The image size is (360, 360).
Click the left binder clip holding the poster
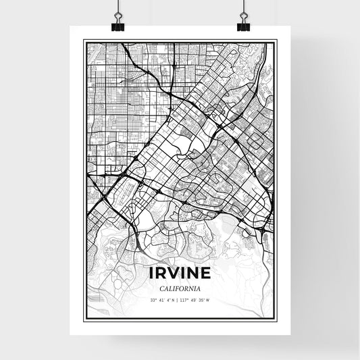point(119,24)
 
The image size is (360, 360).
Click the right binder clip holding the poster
point(242,24)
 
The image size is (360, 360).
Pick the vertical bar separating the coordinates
point(179,300)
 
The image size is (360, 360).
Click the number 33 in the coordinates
point(153,300)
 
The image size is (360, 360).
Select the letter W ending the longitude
point(208,300)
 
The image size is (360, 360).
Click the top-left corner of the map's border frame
point(84,41)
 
